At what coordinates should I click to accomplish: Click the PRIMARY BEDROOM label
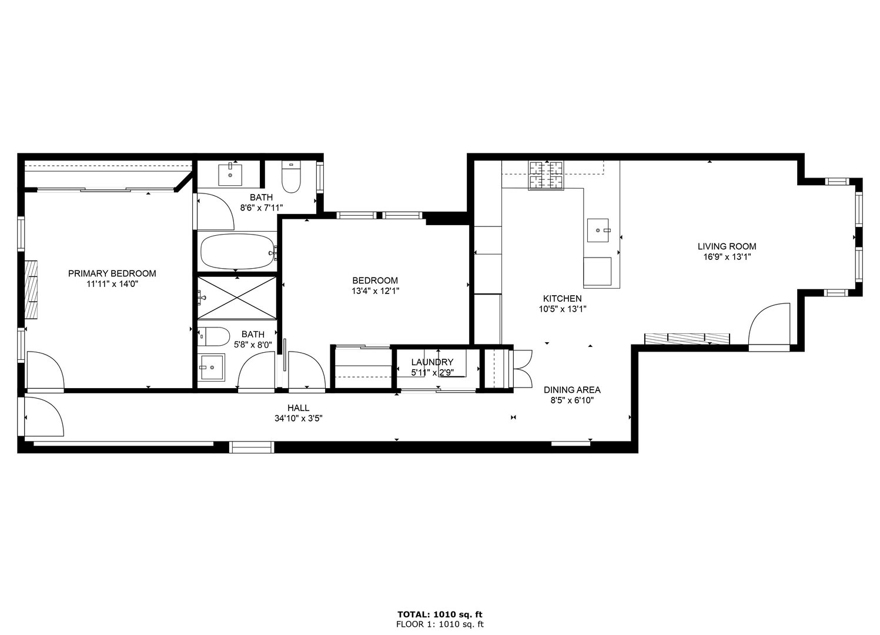[x=112, y=273]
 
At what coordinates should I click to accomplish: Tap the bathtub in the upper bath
[x=237, y=252]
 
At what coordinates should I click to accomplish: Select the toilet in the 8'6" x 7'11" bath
[x=292, y=177]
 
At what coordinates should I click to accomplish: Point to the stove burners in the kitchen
[x=546, y=175]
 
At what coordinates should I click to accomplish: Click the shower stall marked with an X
[x=237, y=298]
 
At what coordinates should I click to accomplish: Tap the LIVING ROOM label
[x=727, y=246]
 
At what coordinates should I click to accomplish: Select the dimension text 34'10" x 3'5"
[x=298, y=419]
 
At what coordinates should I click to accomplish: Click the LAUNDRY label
[x=432, y=362]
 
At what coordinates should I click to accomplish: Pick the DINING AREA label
[x=571, y=390]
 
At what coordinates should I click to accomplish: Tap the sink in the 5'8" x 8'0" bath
[x=211, y=367]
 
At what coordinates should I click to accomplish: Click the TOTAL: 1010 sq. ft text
[x=440, y=614]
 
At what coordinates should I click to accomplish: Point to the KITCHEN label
[x=562, y=299]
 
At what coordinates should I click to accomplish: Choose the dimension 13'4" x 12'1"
[x=375, y=291]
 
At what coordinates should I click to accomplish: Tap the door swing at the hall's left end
[x=44, y=416]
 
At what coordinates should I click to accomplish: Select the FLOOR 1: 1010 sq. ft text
[x=440, y=624]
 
